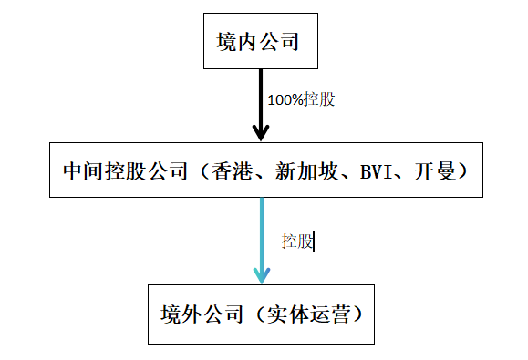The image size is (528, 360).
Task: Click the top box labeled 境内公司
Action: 260,41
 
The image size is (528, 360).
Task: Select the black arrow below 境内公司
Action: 260,100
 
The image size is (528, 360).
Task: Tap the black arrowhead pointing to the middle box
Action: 260,131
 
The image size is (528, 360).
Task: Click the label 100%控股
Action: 301,99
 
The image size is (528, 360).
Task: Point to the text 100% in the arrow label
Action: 284,99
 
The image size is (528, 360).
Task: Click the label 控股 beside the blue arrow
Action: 296,242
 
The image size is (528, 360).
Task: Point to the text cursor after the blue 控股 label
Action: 314,242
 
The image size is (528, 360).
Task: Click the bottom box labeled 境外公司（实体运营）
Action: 261,314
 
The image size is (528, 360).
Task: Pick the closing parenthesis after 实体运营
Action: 357,315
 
